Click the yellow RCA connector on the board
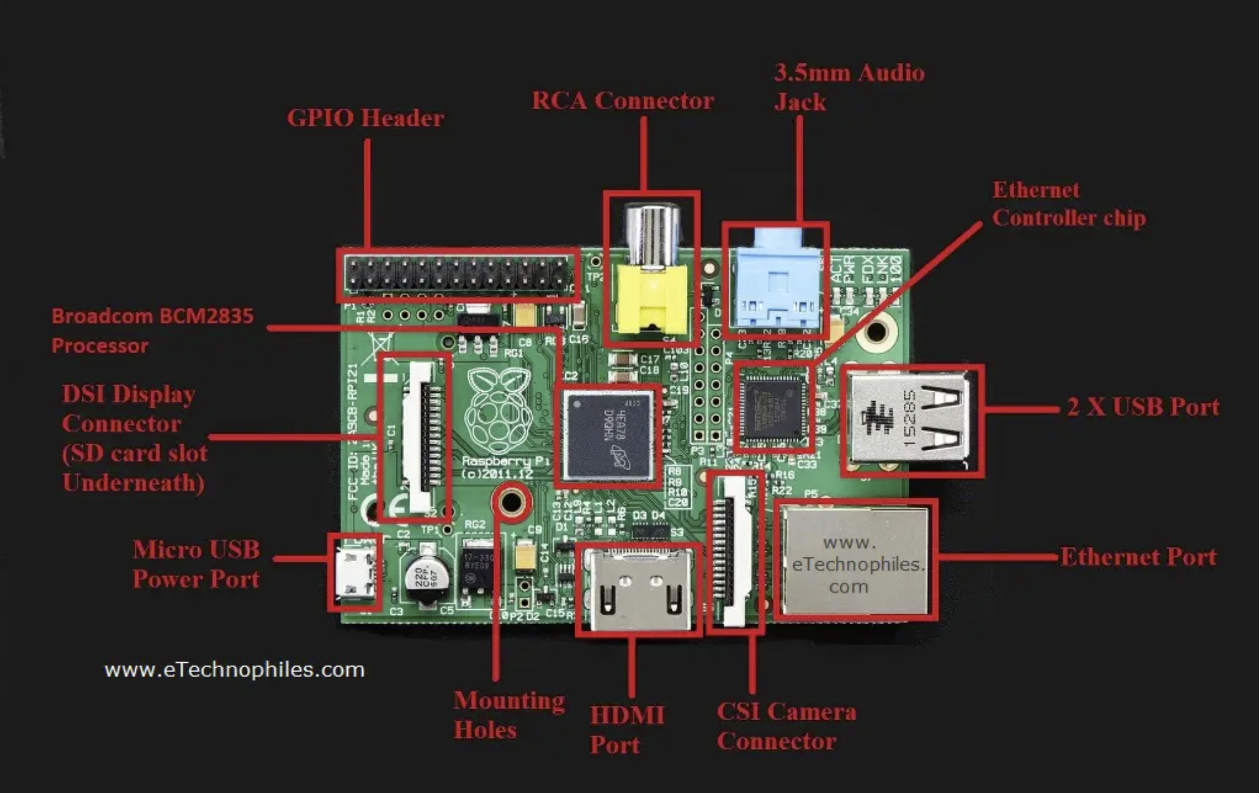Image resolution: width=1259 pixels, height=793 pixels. (x=651, y=299)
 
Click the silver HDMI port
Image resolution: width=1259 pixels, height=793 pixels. (x=638, y=589)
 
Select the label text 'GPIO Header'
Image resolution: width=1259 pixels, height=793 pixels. (x=365, y=118)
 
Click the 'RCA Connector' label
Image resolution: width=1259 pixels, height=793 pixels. (x=622, y=101)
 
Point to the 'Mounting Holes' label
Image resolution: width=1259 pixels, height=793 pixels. (x=509, y=715)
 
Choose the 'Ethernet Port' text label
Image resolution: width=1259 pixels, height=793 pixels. (x=1138, y=557)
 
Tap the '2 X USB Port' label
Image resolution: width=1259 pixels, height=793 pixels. (x=1142, y=407)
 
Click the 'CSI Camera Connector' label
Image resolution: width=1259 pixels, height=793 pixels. (x=786, y=726)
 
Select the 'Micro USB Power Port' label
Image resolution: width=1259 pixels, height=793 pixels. (x=196, y=564)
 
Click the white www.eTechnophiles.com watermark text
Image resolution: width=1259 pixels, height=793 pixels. (x=234, y=670)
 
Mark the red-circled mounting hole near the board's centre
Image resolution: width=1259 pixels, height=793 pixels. (x=512, y=501)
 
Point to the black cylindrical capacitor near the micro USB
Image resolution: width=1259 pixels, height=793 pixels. (x=426, y=578)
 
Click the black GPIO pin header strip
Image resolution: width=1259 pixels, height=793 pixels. (x=459, y=275)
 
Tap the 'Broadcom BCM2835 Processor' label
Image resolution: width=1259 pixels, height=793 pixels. (x=152, y=330)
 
